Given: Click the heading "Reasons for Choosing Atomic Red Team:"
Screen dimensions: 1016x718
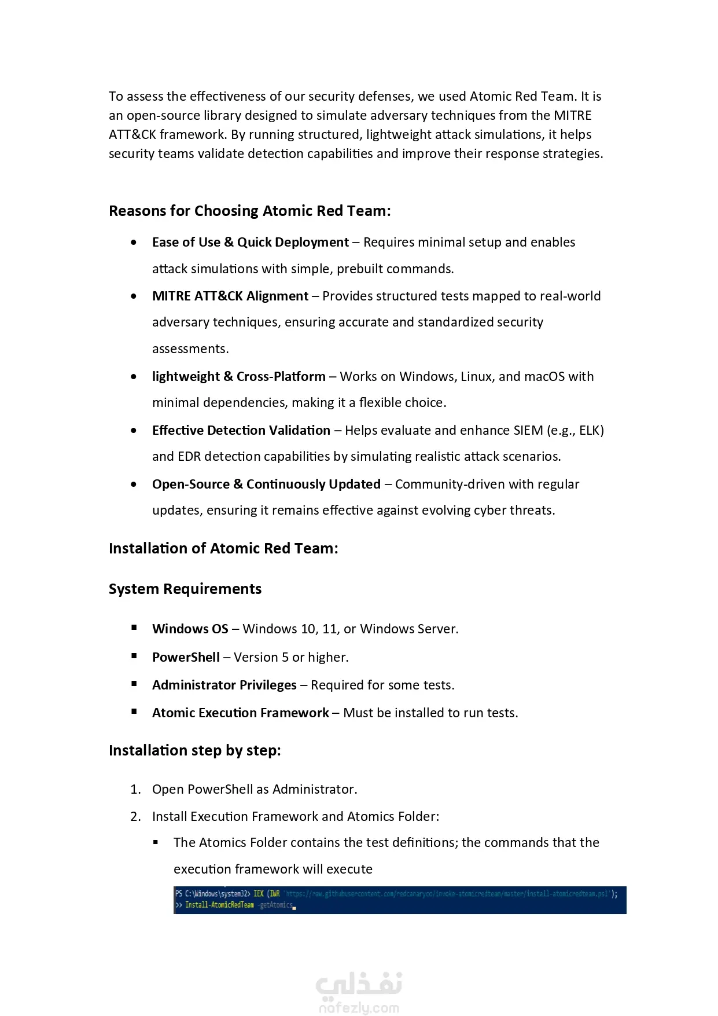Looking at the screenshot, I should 249,211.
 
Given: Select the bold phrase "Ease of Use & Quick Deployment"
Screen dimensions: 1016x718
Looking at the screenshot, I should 250,242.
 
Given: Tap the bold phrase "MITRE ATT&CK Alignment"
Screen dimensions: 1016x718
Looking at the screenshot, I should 230,296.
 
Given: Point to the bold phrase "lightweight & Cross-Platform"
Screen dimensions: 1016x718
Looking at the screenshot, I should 238,376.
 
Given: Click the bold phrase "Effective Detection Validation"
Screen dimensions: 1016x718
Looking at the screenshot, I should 241,430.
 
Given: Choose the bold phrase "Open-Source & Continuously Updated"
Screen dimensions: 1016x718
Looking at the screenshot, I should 266,484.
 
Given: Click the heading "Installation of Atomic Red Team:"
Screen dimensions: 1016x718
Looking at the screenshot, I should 223,548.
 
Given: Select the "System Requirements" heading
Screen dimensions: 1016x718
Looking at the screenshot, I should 185,589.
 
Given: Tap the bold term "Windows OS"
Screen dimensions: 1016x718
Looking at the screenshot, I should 190,629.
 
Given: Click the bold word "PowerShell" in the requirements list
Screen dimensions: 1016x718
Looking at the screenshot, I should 186,657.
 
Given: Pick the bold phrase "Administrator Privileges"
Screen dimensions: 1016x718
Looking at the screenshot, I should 224,685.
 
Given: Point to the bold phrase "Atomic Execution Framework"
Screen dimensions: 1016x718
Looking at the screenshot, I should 240,713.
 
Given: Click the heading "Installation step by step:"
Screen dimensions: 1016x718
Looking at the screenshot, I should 194,750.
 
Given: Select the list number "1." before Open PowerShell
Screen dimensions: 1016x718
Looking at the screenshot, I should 135,789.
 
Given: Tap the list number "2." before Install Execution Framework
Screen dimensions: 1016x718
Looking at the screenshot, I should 135,816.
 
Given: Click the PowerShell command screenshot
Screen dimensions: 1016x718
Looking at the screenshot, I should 399,900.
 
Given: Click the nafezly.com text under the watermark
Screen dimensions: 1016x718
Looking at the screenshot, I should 359,1008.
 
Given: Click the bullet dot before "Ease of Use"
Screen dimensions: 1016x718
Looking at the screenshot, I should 134,242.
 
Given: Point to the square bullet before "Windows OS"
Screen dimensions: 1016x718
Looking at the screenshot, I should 134,628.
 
